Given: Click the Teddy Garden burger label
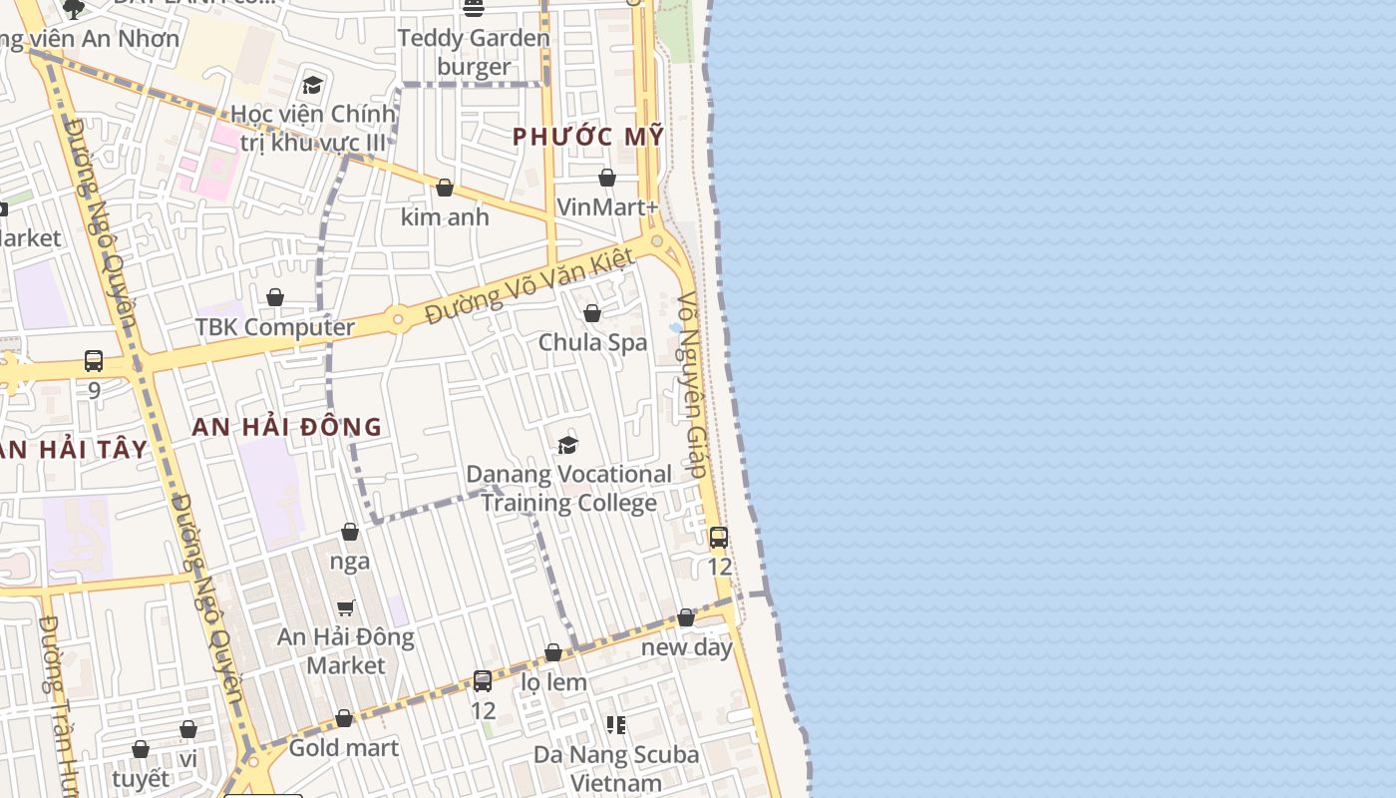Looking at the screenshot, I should tap(474, 52).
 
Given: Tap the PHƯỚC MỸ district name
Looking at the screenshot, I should tap(588, 137).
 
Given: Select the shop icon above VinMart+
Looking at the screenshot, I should tap(607, 179).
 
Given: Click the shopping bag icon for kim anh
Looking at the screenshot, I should tap(445, 188).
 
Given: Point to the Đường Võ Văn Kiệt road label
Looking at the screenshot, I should tap(529, 286).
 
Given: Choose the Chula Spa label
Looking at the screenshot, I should tap(592, 342).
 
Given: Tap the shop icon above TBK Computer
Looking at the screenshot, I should tap(275, 297).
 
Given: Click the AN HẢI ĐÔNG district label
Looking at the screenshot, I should tap(287, 427).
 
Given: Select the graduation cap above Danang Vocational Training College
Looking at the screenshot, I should tap(568, 445).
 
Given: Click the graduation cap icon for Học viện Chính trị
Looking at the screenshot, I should tap(313, 86).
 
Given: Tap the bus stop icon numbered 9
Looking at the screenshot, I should tap(94, 360).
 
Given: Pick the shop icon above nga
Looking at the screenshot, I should tap(350, 532).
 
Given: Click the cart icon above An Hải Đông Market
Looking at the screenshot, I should tap(346, 607).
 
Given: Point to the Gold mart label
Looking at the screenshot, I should tap(343, 747).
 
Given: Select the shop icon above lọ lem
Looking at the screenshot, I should tap(553, 652).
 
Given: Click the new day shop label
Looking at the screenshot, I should tap(686, 646).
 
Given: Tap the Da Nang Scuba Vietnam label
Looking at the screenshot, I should tap(616, 768).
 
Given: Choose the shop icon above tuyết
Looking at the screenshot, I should tap(141, 749).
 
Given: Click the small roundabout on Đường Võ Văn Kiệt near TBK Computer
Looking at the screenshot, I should tap(398, 319).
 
